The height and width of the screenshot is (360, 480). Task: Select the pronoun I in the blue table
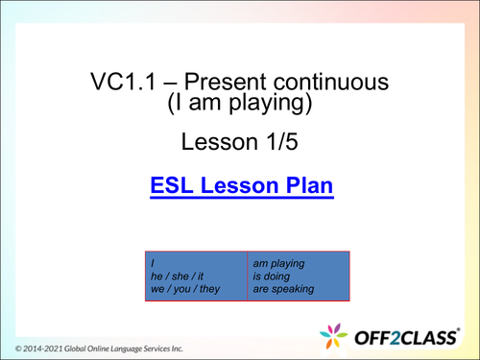click(151, 260)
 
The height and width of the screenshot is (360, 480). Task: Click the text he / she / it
click(178, 275)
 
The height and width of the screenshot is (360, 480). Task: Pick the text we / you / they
click(183, 289)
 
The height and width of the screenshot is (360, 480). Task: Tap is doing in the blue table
click(273, 275)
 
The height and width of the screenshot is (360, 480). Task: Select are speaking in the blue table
click(284, 289)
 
